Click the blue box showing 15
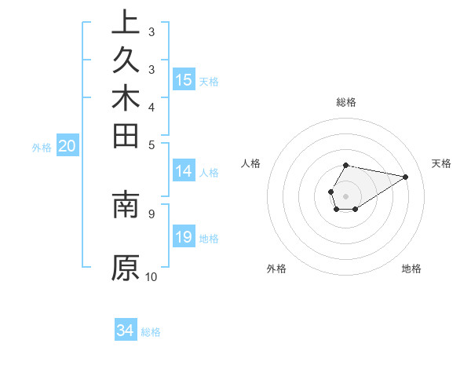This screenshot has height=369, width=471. coord(184,79)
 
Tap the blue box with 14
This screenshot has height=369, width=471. coord(184,172)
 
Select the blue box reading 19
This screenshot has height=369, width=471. coord(184,237)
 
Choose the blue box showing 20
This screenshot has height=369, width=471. coord(68,145)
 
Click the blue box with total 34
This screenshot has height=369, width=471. coord(126,331)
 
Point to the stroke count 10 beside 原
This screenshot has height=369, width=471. coord(152,276)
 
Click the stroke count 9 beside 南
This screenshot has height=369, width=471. coord(152,212)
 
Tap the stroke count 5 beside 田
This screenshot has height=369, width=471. coord(152,144)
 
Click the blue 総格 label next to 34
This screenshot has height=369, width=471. coord(151,332)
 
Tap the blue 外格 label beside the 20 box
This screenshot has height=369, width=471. coord(42,147)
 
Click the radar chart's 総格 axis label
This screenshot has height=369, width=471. coord(346,102)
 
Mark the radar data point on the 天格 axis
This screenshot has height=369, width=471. coord(406,177)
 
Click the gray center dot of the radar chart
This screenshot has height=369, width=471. coord(345,195)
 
